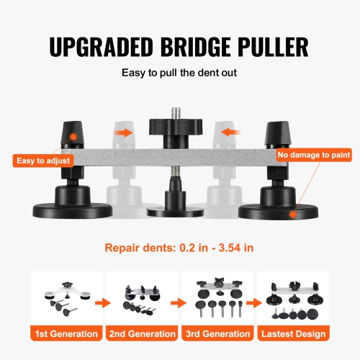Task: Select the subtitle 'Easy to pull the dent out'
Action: pos(179,73)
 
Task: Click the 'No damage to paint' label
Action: pos(316,154)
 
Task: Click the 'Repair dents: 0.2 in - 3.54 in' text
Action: pos(179,247)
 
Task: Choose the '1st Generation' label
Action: pos(66,333)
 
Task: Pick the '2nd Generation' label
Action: pos(141,333)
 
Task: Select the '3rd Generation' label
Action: pos(217,333)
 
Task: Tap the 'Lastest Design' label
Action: pos(293,333)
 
